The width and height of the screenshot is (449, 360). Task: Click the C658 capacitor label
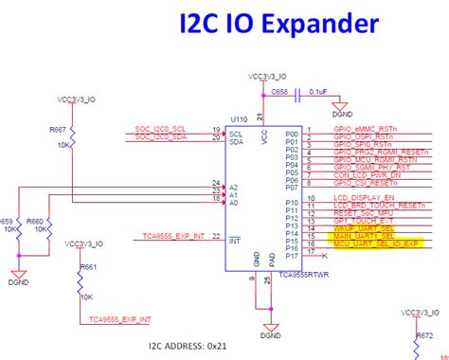click(x=278, y=92)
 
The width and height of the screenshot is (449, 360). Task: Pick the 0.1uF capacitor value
click(x=318, y=92)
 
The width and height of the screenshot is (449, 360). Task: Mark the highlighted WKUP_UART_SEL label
click(x=362, y=228)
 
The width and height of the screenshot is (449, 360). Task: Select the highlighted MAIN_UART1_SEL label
click(x=364, y=236)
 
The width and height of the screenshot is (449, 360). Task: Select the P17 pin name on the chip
click(x=292, y=256)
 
